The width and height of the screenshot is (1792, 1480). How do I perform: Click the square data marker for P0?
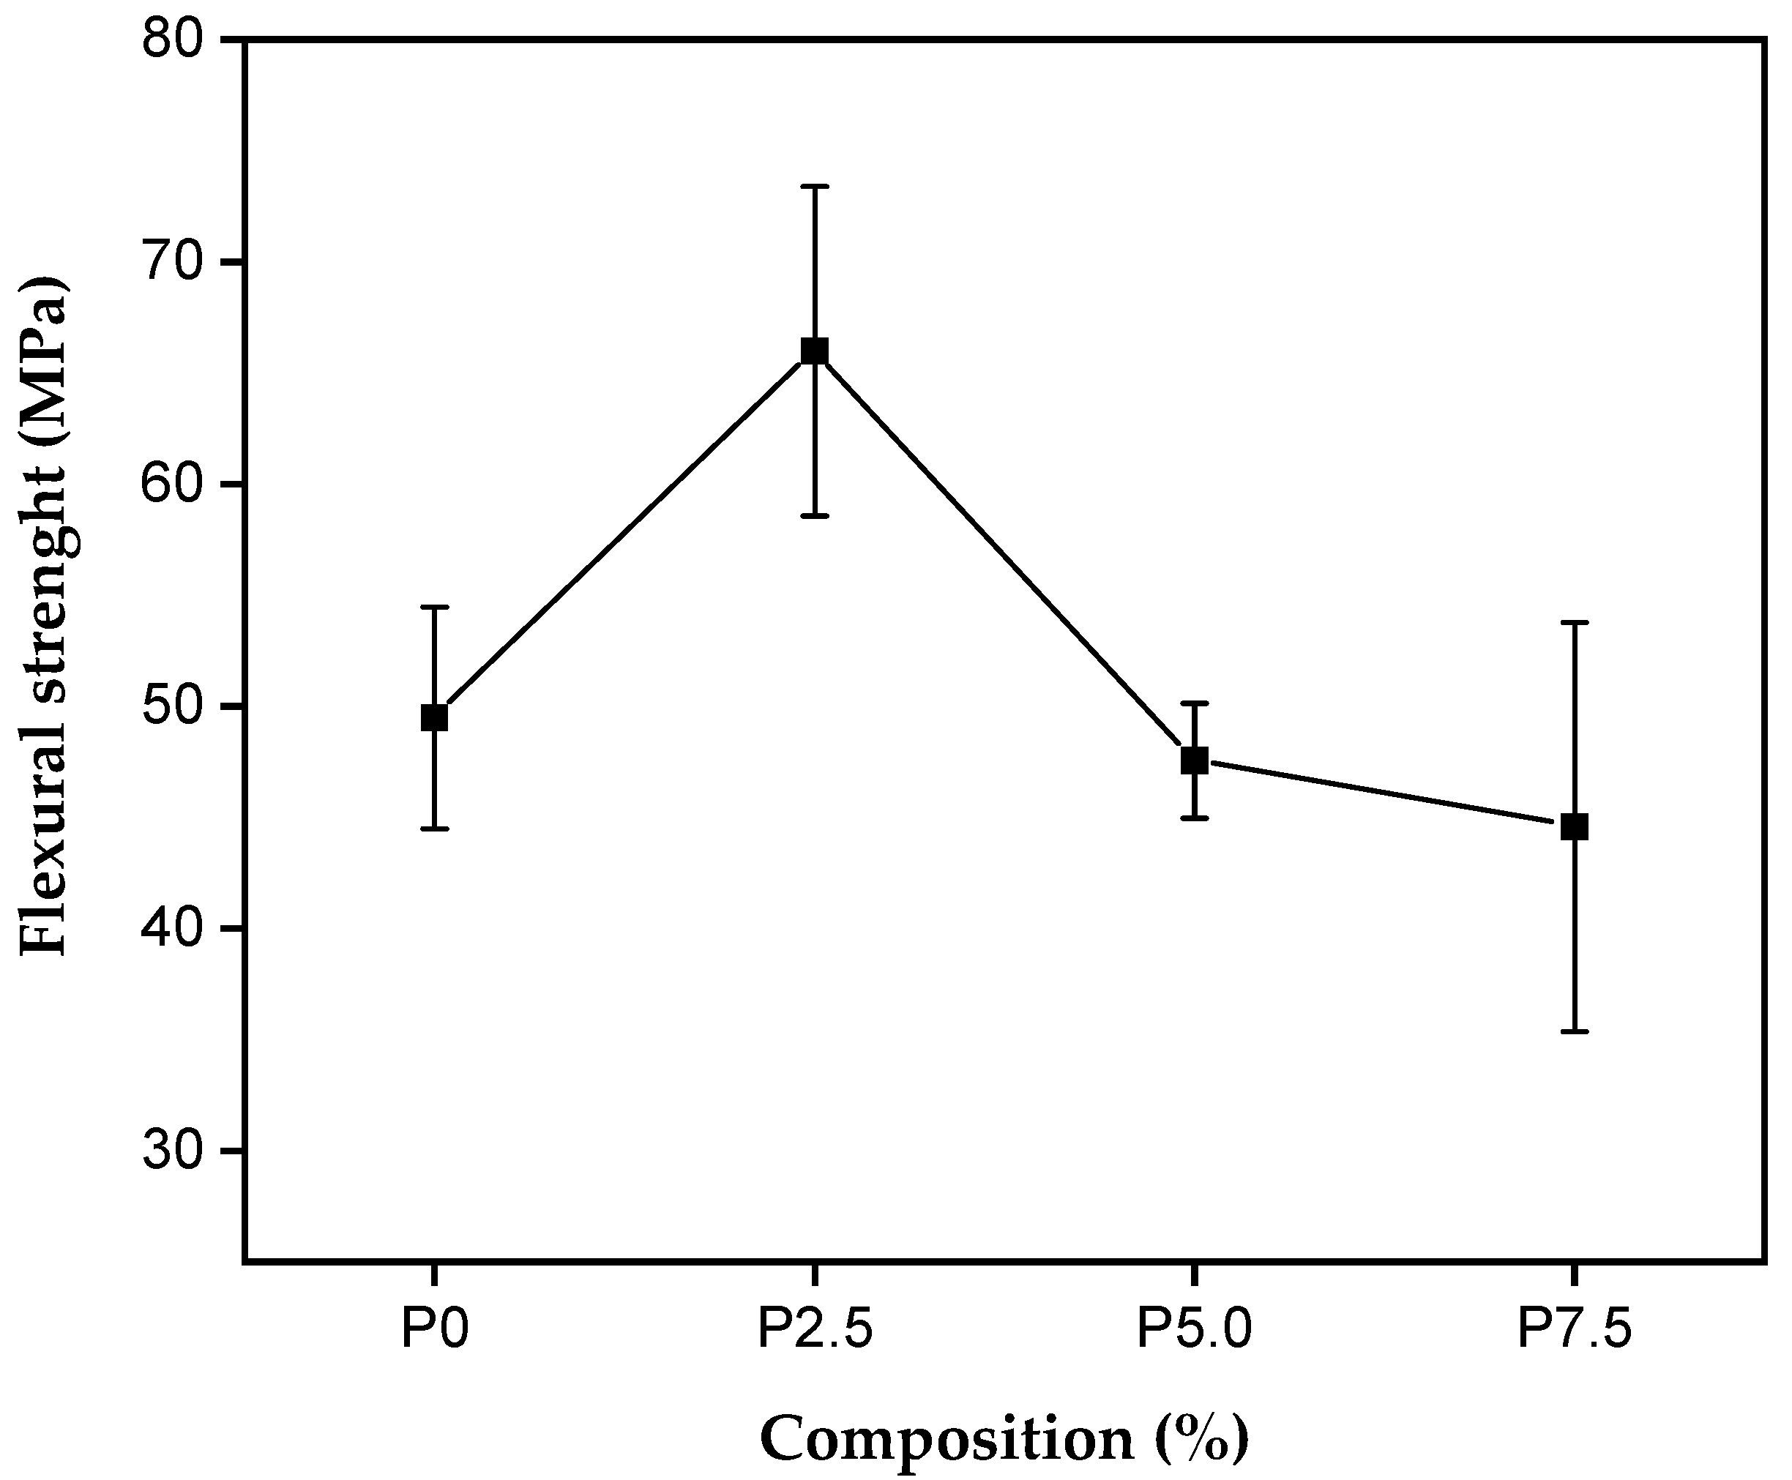[x=435, y=718]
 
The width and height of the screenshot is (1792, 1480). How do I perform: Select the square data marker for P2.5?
[x=815, y=351]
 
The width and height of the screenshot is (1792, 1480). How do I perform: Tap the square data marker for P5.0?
[x=1195, y=760]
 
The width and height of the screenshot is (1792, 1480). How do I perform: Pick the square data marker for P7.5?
[x=1574, y=826]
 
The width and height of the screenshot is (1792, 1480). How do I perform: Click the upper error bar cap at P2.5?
[x=815, y=186]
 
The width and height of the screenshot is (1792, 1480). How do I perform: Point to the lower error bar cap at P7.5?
[x=1574, y=1031]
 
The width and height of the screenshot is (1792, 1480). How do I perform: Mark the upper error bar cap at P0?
[x=435, y=607]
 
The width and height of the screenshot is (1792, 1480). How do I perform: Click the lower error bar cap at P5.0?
[x=1195, y=818]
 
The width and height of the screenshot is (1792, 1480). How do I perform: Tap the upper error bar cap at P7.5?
[x=1574, y=623]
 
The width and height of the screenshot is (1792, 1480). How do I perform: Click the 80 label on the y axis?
[x=175, y=40]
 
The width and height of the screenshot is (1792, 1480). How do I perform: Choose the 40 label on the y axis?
[x=175, y=928]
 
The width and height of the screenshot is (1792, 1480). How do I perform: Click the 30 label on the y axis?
[x=175, y=1151]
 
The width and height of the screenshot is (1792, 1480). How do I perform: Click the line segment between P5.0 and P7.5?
[x=1384, y=793]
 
